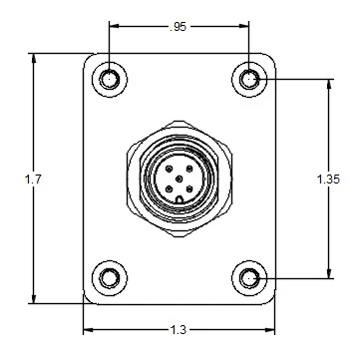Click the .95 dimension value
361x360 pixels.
[x=178, y=27]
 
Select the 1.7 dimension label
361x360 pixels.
[x=33, y=178]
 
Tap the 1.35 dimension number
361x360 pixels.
[x=327, y=179]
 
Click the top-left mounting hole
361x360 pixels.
[x=109, y=78]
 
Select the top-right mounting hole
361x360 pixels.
[x=249, y=78]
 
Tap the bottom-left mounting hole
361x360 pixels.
[x=109, y=276]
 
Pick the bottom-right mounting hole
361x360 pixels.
[x=249, y=276]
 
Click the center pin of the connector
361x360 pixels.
[x=179, y=178]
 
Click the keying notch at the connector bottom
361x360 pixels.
[x=179, y=198]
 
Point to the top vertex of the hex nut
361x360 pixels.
[x=179, y=130]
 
